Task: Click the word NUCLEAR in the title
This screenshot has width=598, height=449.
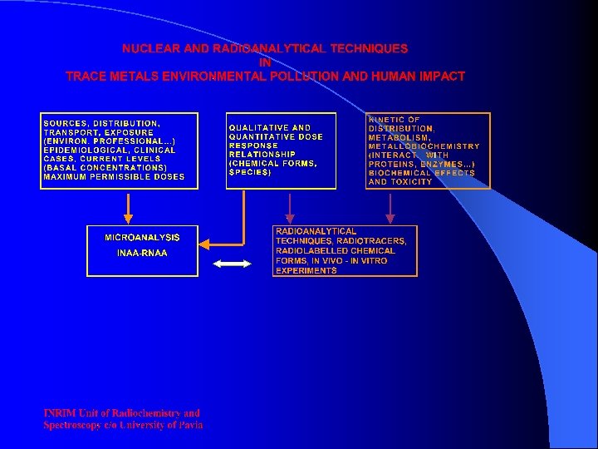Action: coord(146,50)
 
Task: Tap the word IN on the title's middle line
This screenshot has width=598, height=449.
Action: coord(265,62)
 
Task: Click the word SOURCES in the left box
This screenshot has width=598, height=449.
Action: coord(66,123)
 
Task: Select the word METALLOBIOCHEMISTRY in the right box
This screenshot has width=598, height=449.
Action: coord(424,146)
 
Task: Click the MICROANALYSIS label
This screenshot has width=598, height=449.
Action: coord(142,238)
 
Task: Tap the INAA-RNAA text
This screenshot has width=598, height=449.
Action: coord(142,252)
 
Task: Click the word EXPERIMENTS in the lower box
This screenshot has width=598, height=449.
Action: coord(306,270)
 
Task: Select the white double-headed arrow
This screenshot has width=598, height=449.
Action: coord(233,264)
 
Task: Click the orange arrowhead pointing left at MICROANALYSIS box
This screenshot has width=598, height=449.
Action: coord(209,244)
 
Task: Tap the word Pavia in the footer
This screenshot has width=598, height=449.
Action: coord(188,425)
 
